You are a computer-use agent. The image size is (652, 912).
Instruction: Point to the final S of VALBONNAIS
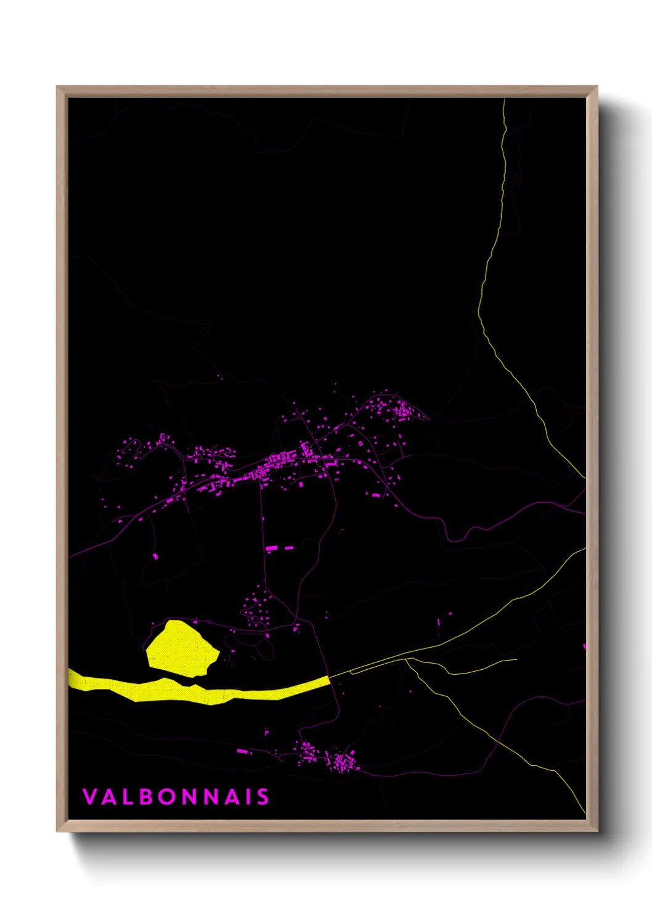click(263, 797)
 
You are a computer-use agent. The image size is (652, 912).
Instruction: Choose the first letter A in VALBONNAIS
click(109, 797)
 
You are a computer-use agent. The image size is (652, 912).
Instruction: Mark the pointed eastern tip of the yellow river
click(328, 678)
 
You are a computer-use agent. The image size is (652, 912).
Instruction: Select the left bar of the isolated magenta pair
click(272, 548)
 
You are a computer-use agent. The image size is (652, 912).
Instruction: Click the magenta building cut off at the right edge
click(584, 646)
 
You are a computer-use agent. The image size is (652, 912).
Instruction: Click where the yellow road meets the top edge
click(504, 99)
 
